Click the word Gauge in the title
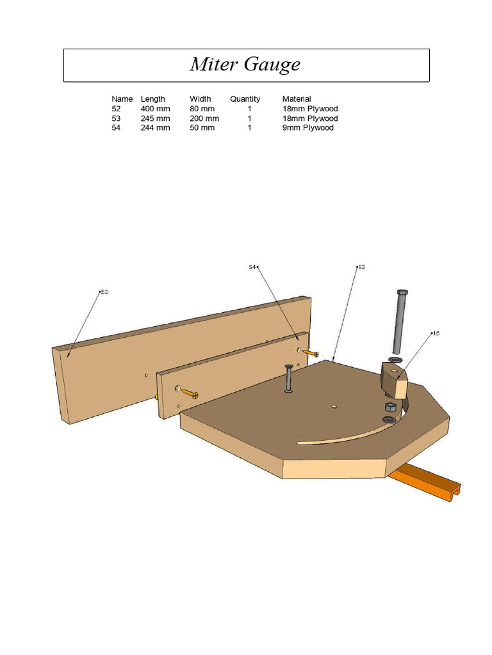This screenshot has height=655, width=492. (x=272, y=65)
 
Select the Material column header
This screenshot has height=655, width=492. (x=297, y=99)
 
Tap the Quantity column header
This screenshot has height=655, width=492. (x=245, y=99)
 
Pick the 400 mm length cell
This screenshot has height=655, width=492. (x=155, y=109)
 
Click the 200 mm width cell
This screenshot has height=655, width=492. (x=204, y=118)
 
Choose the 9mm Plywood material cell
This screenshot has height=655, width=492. (x=308, y=128)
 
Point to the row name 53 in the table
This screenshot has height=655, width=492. (x=116, y=118)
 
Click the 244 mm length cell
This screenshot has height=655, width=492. (x=155, y=128)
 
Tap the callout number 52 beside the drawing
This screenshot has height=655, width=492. (x=104, y=292)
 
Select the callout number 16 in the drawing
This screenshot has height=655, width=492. (x=436, y=333)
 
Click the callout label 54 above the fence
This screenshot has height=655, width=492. (x=252, y=267)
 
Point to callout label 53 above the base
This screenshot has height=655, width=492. (x=361, y=267)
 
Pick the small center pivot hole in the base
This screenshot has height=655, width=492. (x=334, y=406)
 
